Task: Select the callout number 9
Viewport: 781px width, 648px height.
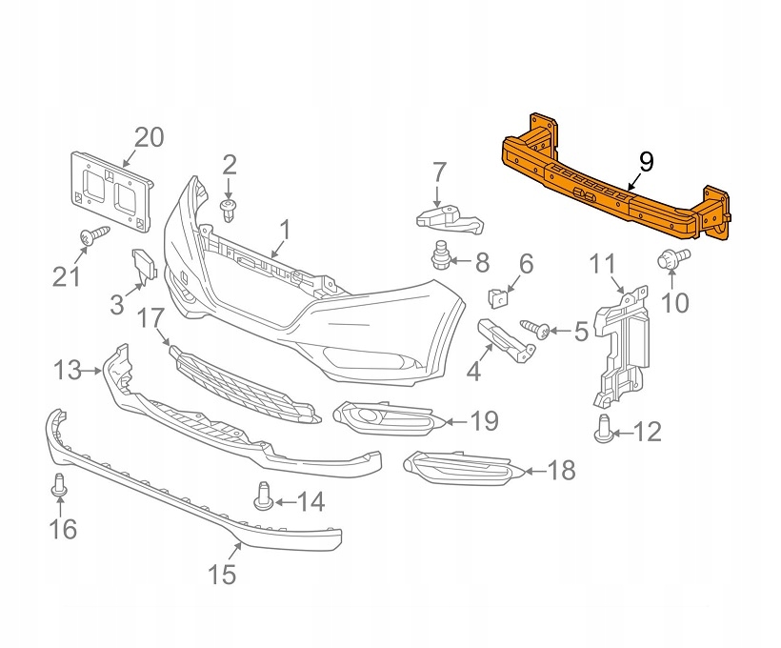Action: point(646,161)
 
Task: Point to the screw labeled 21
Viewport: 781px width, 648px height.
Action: point(92,237)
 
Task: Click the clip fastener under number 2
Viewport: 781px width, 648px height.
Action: point(229,209)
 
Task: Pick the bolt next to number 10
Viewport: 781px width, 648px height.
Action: point(669,258)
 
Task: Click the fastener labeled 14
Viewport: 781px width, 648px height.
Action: point(238,496)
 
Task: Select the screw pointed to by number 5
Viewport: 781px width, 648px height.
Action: point(536,331)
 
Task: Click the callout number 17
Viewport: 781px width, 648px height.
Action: point(152,318)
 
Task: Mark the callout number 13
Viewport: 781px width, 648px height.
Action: point(68,369)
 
